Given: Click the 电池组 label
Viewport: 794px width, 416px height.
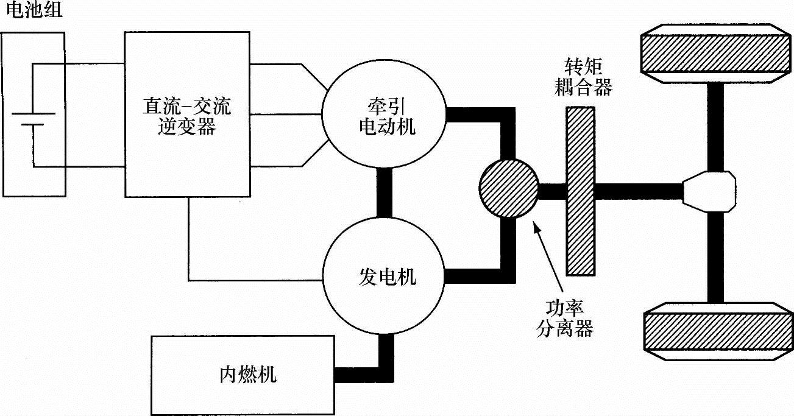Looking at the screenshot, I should [x=33, y=11].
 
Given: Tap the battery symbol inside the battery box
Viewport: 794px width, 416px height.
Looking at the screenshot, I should [x=33, y=119].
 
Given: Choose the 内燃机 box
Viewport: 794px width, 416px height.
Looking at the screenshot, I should [x=243, y=375].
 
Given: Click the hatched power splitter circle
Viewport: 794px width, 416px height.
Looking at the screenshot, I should [x=509, y=189].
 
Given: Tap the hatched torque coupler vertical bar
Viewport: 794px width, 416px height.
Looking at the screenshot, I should [x=580, y=191].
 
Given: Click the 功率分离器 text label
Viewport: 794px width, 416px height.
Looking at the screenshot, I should [x=565, y=320].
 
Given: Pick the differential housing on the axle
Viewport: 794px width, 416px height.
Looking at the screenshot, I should [x=709, y=191].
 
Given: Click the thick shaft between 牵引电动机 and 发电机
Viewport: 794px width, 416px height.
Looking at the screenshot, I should [x=385, y=192].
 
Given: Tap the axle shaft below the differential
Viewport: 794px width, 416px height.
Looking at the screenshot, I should [x=715, y=256].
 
